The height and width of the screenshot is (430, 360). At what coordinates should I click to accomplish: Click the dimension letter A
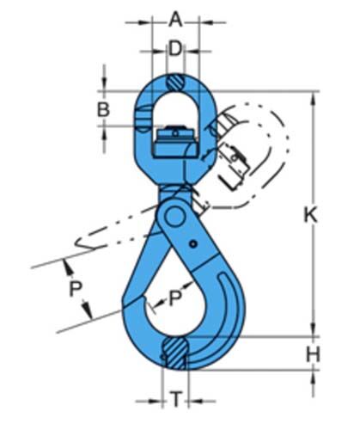(176, 18)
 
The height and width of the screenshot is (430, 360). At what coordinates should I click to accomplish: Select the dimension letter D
(175, 49)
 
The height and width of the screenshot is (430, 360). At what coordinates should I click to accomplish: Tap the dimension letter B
(104, 109)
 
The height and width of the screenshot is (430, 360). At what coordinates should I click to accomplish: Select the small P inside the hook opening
(174, 298)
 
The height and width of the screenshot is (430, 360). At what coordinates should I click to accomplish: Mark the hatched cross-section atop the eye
(175, 84)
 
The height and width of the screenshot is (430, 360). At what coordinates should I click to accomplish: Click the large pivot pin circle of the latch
(175, 215)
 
